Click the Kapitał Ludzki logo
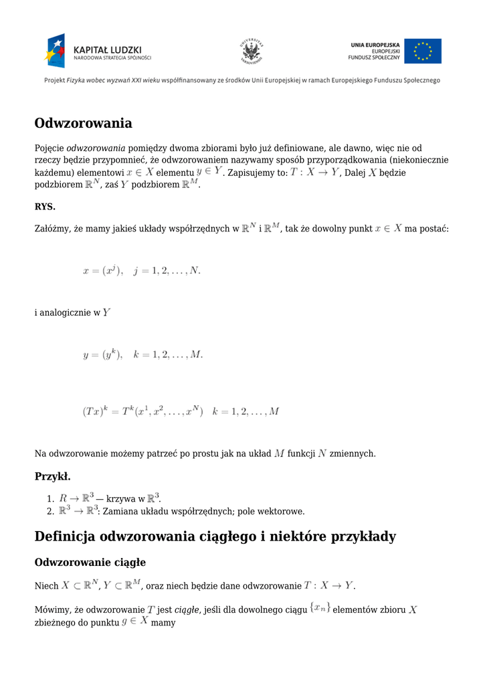point(98,50)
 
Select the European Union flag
point(423,51)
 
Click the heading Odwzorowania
point(83,124)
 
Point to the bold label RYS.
point(45,207)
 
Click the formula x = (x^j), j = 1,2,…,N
point(141,271)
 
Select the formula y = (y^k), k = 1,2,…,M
point(142,355)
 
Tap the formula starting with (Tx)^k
point(181,411)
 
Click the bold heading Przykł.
point(52,477)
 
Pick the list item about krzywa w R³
point(110,498)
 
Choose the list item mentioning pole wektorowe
point(181,512)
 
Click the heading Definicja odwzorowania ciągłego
point(215,537)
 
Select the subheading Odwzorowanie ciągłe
point(90,563)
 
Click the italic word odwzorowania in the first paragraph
point(96,148)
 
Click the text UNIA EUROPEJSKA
point(375,45)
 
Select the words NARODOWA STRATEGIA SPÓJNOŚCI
point(112,58)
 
